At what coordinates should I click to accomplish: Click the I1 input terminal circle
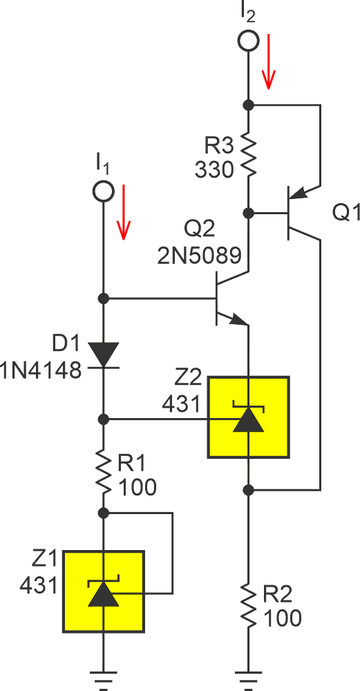pyautogui.click(x=103, y=191)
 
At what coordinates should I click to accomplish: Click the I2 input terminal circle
pyautogui.click(x=247, y=41)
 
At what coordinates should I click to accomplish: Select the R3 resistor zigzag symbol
pyautogui.click(x=247, y=155)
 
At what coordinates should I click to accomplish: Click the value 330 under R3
pyautogui.click(x=214, y=169)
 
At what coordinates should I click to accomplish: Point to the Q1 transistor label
pyautogui.click(x=346, y=213)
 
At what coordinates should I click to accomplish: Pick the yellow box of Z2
pyautogui.click(x=248, y=417)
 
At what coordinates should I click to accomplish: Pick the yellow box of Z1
pyautogui.click(x=103, y=591)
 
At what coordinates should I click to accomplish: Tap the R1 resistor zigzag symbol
pyautogui.click(x=103, y=472)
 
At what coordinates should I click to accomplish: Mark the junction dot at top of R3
pyautogui.click(x=247, y=105)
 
